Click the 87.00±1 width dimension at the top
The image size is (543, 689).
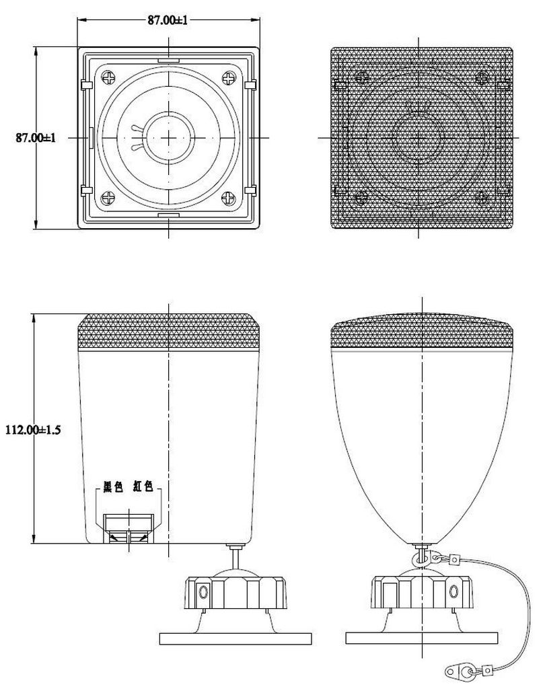(x=168, y=20)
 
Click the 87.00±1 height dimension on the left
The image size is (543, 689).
(x=36, y=137)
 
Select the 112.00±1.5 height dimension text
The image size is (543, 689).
(x=33, y=429)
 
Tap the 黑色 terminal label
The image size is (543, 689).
(x=113, y=486)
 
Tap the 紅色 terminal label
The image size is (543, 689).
(x=143, y=486)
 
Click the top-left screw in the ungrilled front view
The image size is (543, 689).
(x=108, y=78)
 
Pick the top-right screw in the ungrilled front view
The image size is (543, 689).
(x=229, y=78)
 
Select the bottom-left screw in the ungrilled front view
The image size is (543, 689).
(x=108, y=198)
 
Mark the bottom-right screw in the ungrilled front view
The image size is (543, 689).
(x=229, y=198)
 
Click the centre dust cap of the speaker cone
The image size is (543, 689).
(x=169, y=137)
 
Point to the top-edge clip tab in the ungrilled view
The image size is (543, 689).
(x=169, y=59)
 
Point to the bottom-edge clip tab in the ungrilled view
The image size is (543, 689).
(x=169, y=215)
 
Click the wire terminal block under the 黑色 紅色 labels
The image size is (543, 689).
(x=129, y=529)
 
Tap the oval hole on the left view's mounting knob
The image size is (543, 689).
(x=203, y=591)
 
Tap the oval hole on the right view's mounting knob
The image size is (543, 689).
(x=454, y=591)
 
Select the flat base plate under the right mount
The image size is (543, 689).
(x=422, y=638)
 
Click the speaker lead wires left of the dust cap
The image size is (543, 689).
(x=137, y=137)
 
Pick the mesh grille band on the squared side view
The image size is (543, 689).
(x=169, y=332)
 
